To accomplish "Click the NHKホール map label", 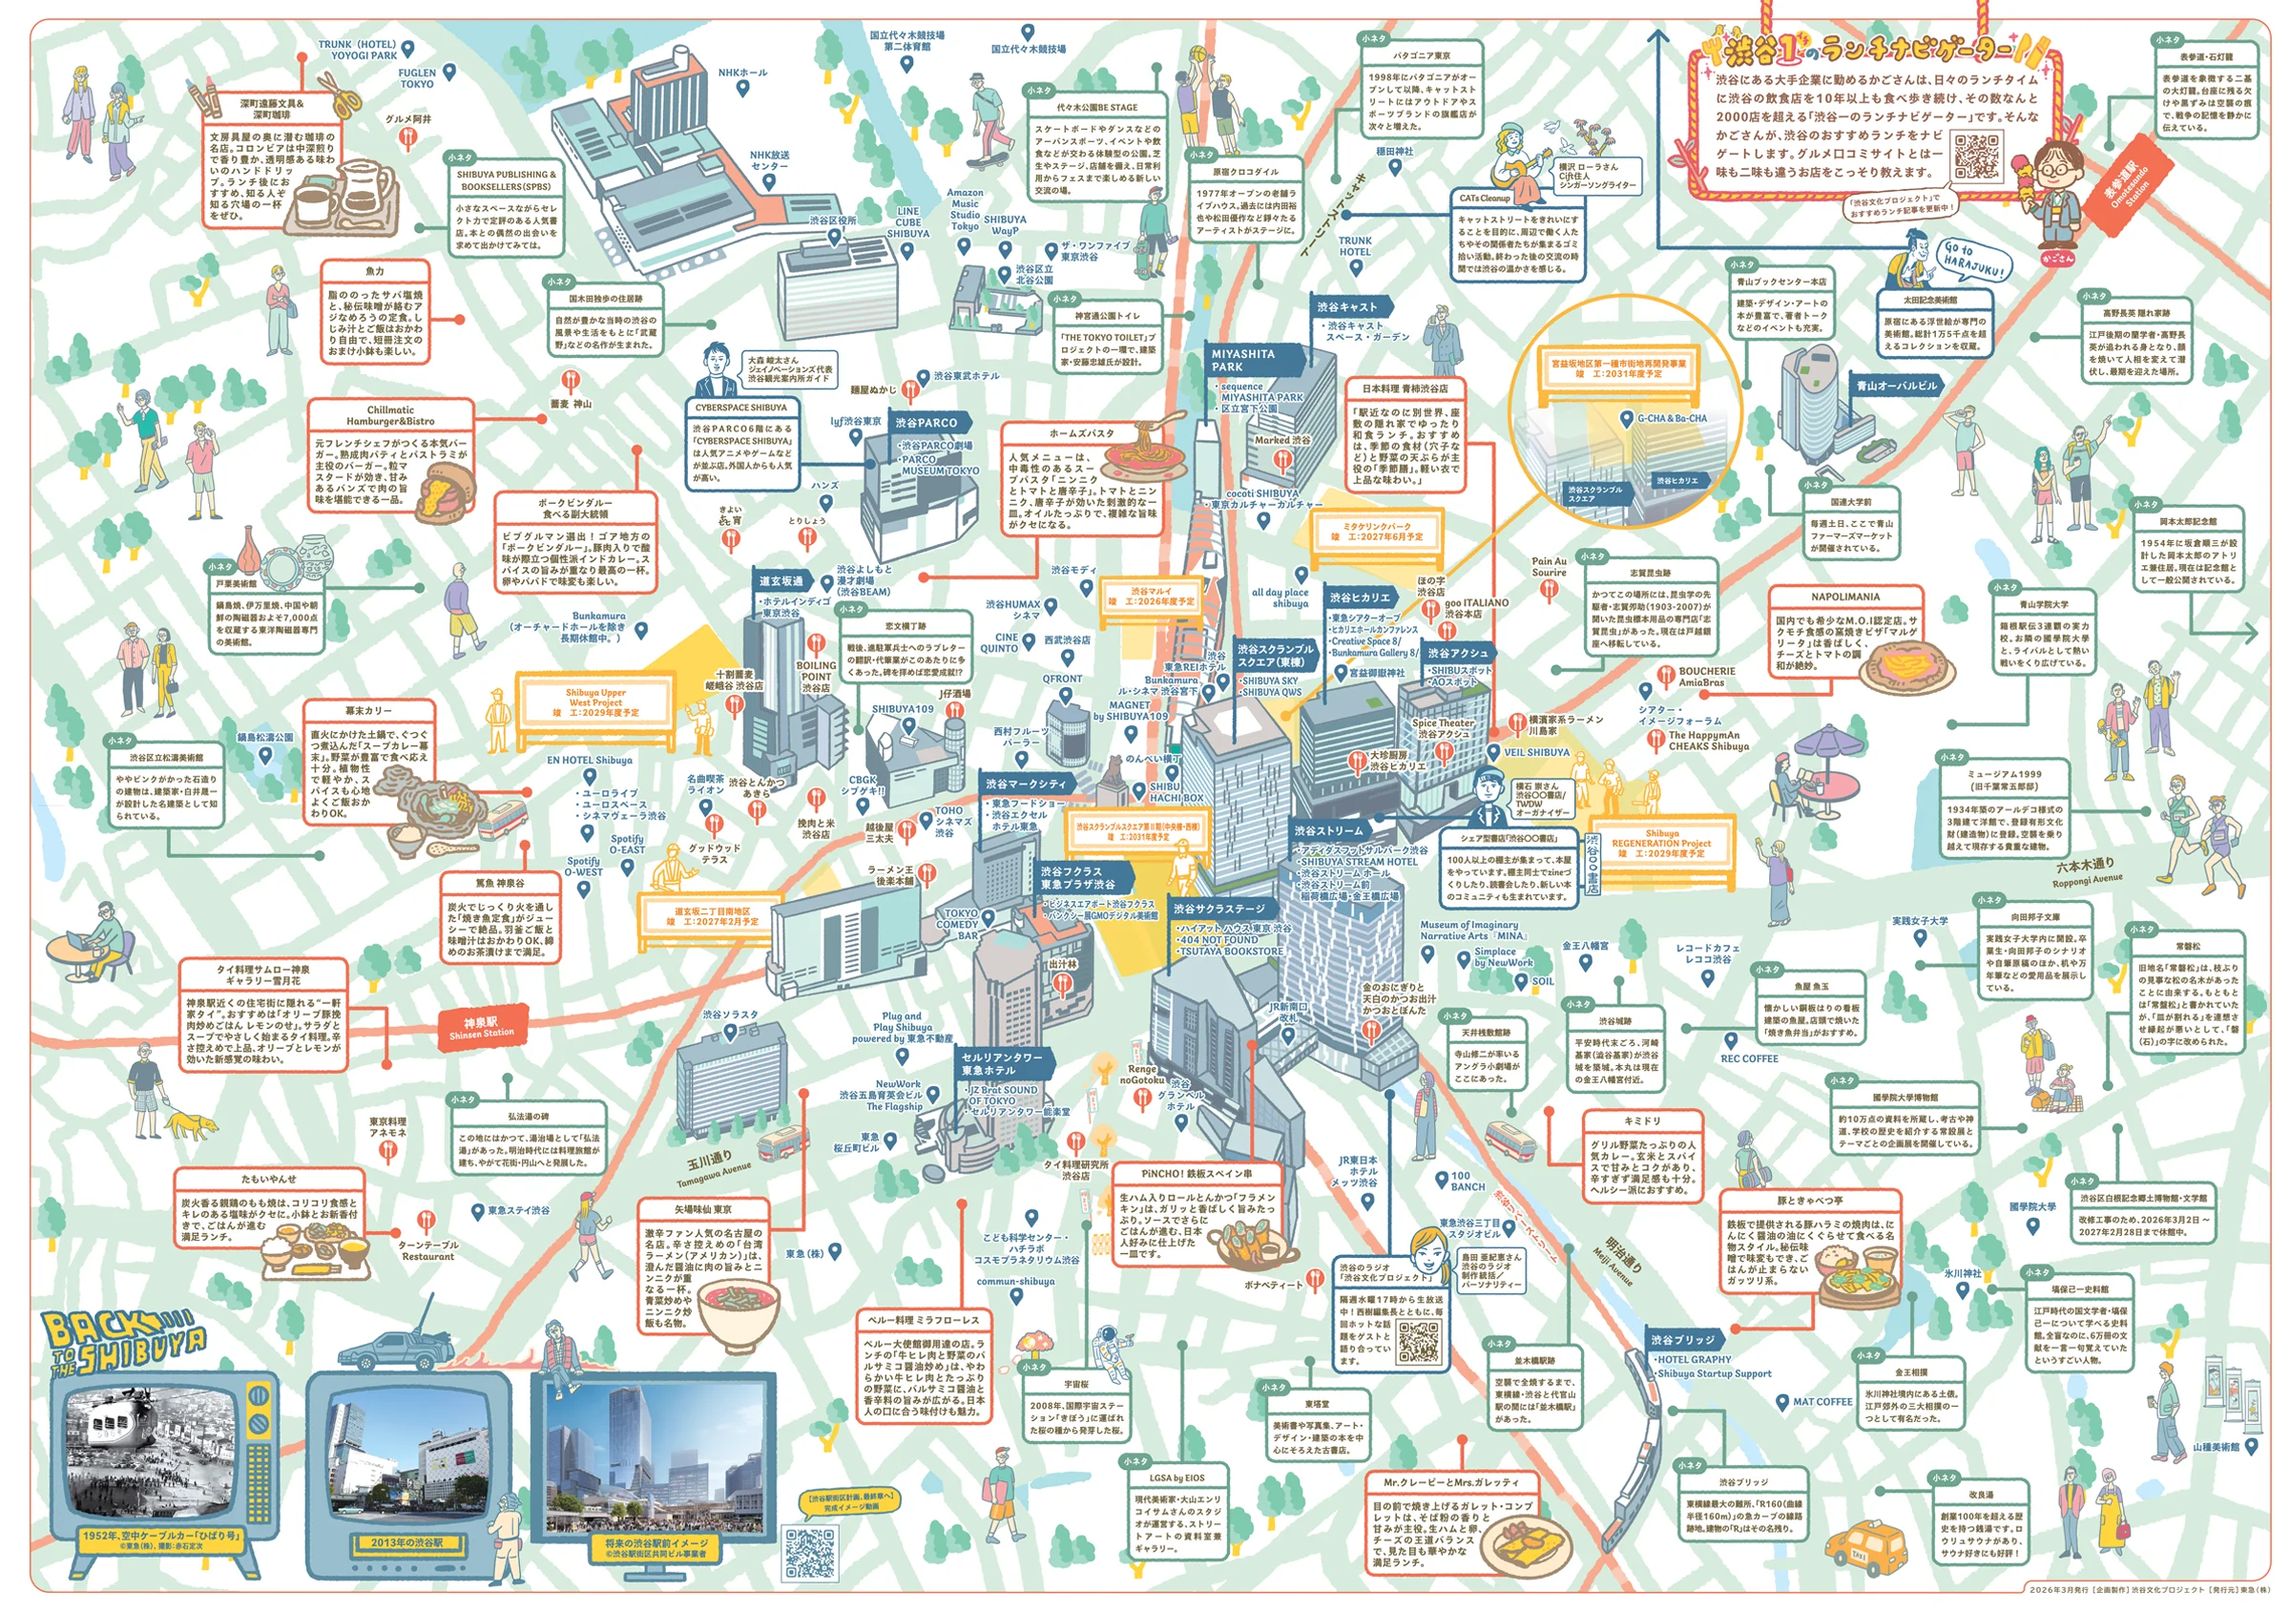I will point(742,73).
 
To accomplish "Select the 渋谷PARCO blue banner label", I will point(927,423).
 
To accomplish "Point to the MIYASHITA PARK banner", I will point(1247,360).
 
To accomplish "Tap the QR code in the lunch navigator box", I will point(1976,157).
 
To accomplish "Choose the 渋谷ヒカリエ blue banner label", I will point(1362,597).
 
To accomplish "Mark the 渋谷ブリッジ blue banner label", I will point(1682,1340).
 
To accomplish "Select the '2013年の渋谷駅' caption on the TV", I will point(406,1542).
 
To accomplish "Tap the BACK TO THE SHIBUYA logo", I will point(125,1343).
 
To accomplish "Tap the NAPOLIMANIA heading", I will point(1844,597).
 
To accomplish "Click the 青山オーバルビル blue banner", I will point(1896,385).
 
